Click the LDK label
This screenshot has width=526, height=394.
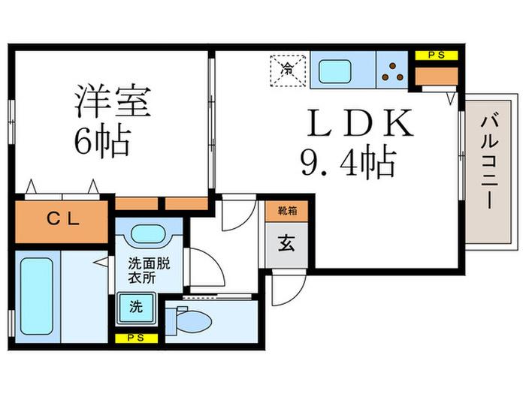coord(359,125)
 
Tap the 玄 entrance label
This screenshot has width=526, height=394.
coord(286,245)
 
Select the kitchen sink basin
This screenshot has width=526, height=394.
coord(337,73)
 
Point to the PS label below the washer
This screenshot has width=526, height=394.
coord(137,338)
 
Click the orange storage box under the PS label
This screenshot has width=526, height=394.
coord(437,76)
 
